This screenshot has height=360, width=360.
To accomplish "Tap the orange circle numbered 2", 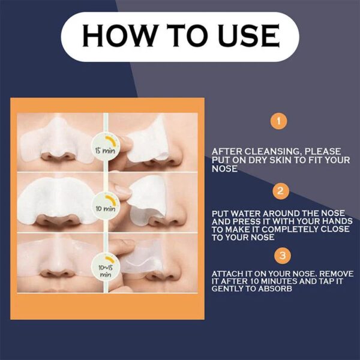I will click(279, 191).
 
